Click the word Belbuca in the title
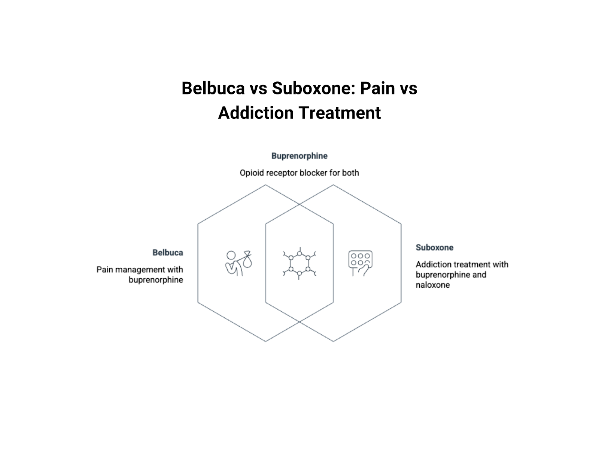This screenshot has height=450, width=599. pos(213,88)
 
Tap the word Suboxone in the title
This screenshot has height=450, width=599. pos(313,88)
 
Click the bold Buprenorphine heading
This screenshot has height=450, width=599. pos(299,156)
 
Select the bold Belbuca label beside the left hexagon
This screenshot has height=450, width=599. pos(168,253)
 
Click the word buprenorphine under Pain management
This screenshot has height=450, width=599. pos(156,280)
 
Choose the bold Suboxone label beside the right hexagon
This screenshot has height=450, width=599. pos(434,247)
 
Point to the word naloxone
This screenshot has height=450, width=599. pos(432,285)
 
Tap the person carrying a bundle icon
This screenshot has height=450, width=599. pos(238,263)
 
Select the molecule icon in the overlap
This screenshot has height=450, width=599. pos(299,263)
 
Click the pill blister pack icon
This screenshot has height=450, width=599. pos(360,263)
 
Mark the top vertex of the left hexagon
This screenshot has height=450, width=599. pos(265,185)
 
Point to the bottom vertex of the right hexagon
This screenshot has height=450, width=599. pos(333,341)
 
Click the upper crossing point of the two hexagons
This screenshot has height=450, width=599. pos(299,204)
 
